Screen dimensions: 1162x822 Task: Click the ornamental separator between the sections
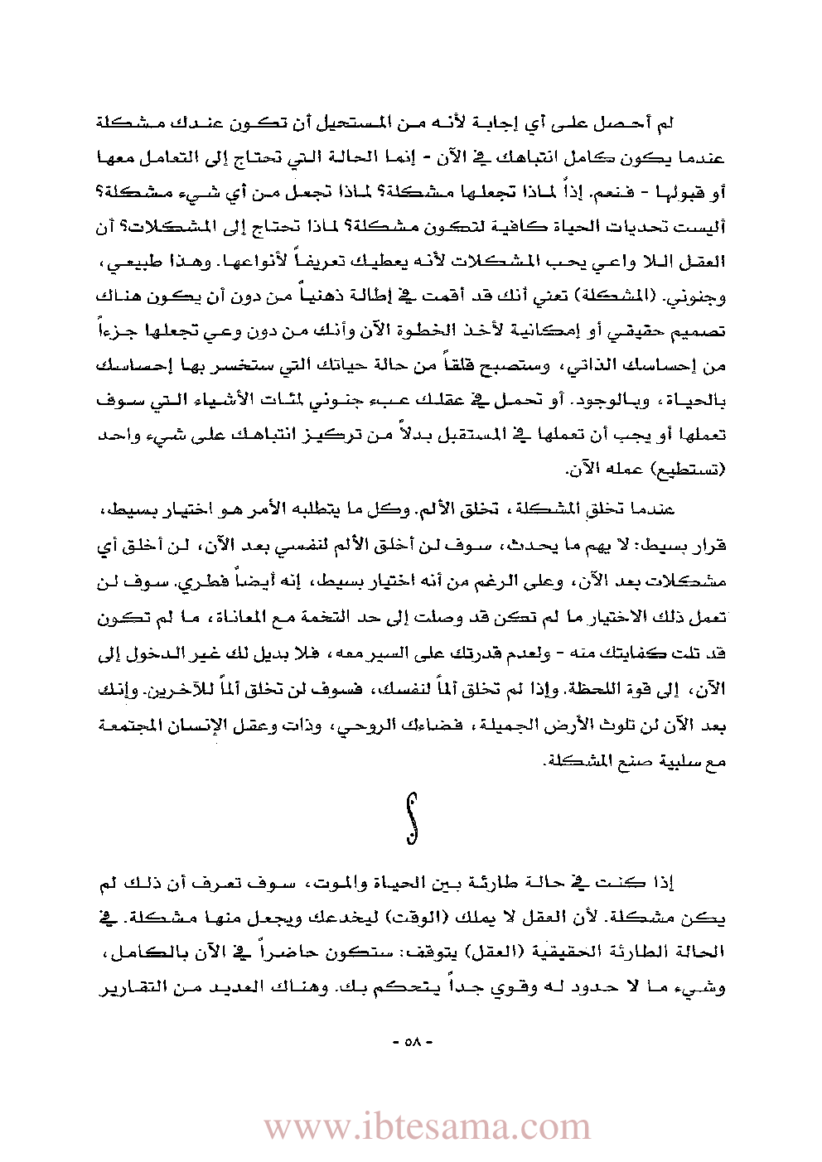[410, 818]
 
